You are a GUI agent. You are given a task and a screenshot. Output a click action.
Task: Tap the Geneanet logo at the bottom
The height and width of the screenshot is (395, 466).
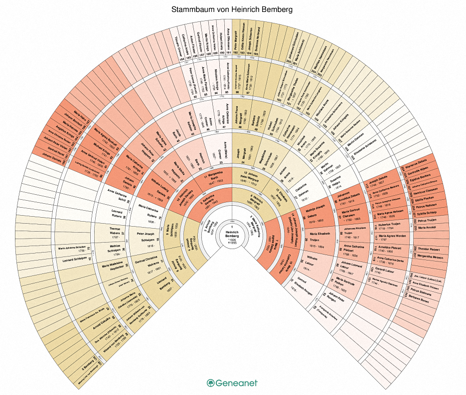tap(232, 383)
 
